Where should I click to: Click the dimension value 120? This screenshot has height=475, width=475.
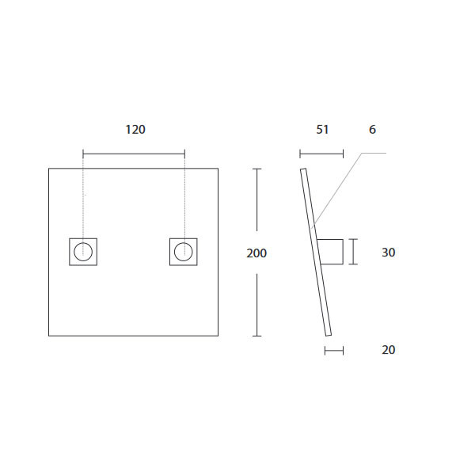tap(135, 129)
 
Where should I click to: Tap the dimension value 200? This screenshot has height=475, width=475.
tap(256, 253)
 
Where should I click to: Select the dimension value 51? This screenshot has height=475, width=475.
tap(322, 129)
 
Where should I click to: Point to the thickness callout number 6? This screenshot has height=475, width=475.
tap(372, 129)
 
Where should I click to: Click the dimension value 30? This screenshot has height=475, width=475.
tap(388, 253)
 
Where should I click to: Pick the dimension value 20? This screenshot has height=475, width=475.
tap(388, 350)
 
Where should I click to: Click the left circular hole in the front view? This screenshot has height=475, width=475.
tap(83, 253)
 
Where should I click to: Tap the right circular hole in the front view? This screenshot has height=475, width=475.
tap(184, 253)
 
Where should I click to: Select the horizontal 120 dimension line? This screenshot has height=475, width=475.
tap(135, 154)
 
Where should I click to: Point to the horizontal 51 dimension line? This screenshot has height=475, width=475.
tap(321, 154)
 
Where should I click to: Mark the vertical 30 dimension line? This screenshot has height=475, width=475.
tap(353, 253)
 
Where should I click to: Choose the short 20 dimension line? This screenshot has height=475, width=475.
tap(334, 350)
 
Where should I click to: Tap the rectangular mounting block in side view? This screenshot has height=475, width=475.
tap(332, 253)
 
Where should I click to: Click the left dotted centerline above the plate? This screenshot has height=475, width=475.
tap(83, 198)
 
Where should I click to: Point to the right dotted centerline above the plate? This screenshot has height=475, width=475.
tap(184, 198)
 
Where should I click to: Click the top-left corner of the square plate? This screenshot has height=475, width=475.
tap(49, 169)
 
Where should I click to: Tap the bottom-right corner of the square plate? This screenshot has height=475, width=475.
tap(218, 336)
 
